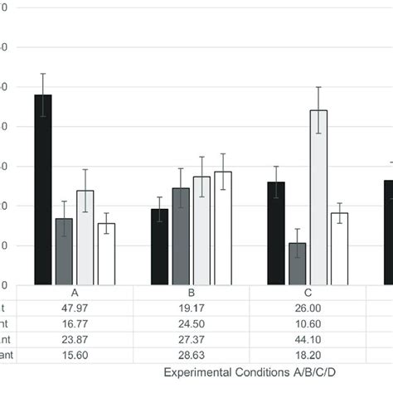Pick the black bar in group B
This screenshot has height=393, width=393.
(159, 246)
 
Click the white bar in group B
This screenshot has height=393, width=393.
(223, 228)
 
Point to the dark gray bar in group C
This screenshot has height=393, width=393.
(297, 264)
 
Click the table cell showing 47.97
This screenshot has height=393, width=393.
(75, 308)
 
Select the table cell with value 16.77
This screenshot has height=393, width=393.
(75, 323)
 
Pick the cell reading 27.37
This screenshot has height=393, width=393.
(191, 339)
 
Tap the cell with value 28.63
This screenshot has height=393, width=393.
(191, 355)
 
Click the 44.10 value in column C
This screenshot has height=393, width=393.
(308, 339)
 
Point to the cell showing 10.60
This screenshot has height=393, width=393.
(308, 323)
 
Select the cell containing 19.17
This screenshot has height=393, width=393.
(191, 308)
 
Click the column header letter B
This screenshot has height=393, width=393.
(191, 293)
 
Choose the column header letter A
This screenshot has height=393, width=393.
(75, 293)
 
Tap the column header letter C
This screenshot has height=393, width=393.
(308, 293)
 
